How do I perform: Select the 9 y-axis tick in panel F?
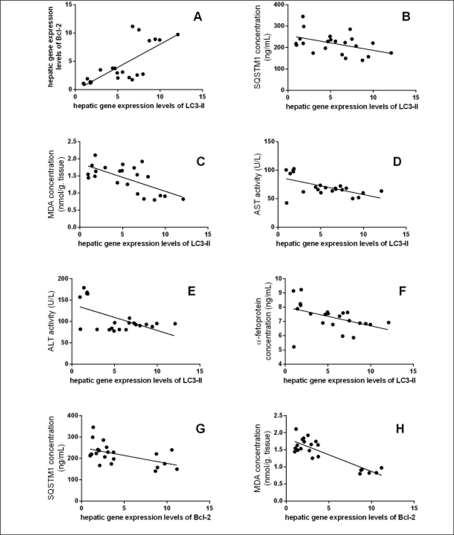279,293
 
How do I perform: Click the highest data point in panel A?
132,26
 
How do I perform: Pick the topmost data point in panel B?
303,16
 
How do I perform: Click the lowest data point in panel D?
286,203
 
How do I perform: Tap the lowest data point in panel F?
294,347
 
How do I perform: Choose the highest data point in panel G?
93,427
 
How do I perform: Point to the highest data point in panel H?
296,429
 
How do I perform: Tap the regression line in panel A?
129,59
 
